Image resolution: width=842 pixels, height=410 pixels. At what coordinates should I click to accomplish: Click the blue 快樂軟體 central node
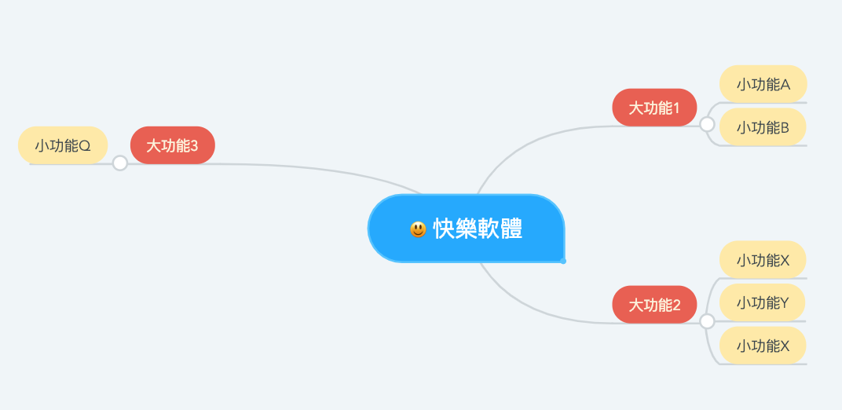tap(466, 229)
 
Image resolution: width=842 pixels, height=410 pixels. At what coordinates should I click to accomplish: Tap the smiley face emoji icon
tap(418, 229)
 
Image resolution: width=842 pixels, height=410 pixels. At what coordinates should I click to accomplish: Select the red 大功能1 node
tap(654, 108)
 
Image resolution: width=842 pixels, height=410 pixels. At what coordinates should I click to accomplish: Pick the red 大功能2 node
tap(654, 305)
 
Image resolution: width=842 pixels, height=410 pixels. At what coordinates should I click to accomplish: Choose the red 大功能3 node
tap(172, 145)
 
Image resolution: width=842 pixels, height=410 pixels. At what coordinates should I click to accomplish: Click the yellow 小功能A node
tap(763, 84)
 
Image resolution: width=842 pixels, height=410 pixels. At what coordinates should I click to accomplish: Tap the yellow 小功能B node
tap(763, 127)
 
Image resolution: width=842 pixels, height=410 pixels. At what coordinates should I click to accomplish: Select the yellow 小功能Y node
tap(763, 302)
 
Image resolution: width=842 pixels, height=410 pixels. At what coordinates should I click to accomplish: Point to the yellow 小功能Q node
tap(63, 145)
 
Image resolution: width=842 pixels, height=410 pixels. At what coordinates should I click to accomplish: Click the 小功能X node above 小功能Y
tap(763, 259)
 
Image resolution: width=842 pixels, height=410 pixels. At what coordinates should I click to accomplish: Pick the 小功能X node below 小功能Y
tap(763, 346)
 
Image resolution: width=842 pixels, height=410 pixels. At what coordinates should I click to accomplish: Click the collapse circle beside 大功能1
tap(707, 124)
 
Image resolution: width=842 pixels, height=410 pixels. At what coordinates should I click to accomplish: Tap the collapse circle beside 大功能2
tap(707, 321)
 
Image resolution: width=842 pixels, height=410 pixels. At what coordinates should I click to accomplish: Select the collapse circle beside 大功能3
tap(120, 163)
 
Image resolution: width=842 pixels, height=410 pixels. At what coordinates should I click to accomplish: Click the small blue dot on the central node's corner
tap(563, 261)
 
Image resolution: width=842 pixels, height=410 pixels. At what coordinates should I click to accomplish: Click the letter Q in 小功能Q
tap(85, 146)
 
